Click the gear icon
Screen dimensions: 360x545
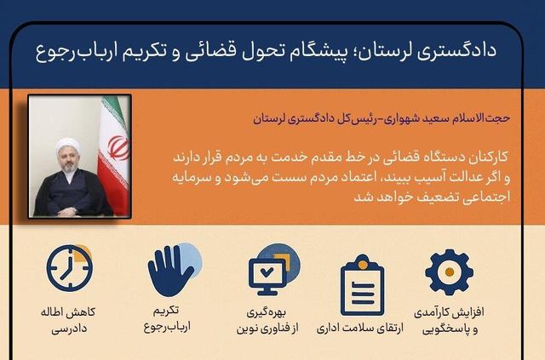448,270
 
